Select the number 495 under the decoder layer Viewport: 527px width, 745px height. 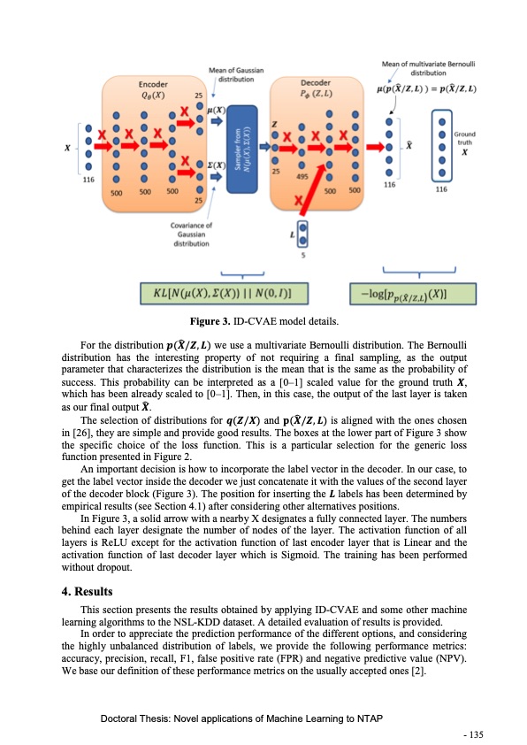[302, 176]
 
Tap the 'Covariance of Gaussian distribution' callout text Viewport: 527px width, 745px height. [190, 235]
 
